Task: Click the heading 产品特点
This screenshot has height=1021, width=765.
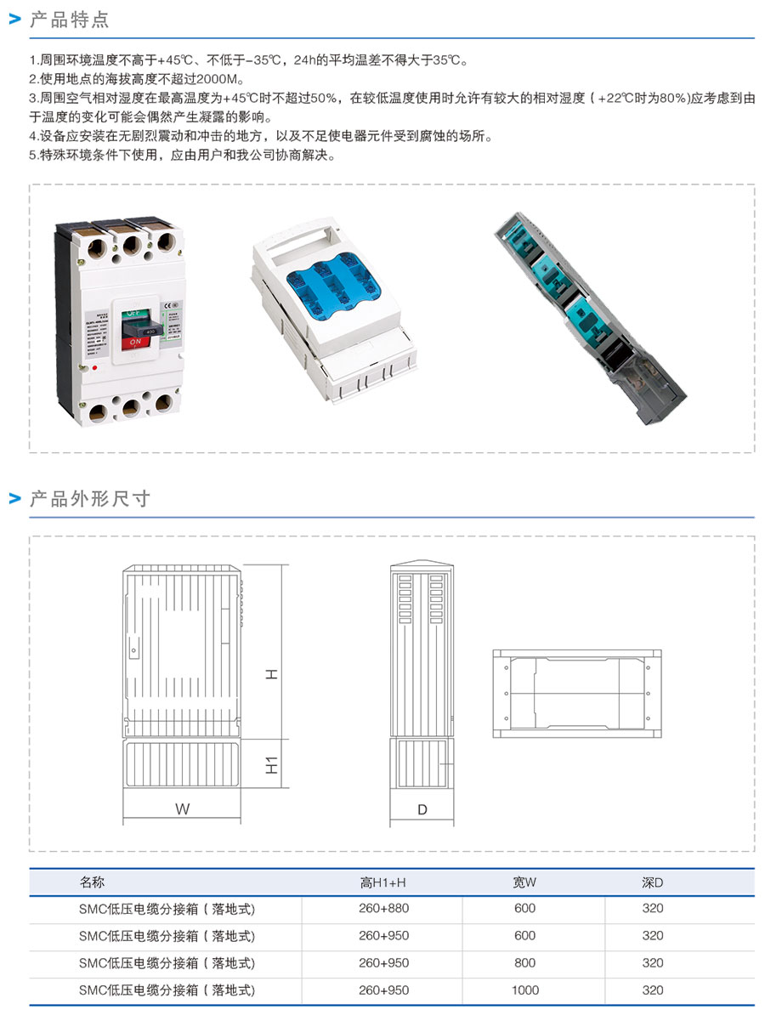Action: coord(69,20)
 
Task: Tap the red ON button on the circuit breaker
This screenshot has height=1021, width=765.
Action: coord(133,343)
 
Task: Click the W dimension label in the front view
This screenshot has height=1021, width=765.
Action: coord(183,809)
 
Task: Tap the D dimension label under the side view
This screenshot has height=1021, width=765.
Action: coord(422,809)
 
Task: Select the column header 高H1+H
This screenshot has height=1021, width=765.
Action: coord(383,882)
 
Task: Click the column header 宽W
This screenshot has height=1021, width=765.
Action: coord(524,882)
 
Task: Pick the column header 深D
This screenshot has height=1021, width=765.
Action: coord(652,882)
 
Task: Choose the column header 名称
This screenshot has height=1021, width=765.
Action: coord(92,882)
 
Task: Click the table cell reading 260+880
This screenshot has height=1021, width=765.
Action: coord(383,908)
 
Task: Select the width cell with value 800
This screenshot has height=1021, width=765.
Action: coord(524,962)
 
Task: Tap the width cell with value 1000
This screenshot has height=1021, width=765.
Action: coord(524,990)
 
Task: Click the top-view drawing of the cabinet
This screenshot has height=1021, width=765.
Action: coord(575,693)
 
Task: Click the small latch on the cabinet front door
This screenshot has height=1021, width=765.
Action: coord(133,650)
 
